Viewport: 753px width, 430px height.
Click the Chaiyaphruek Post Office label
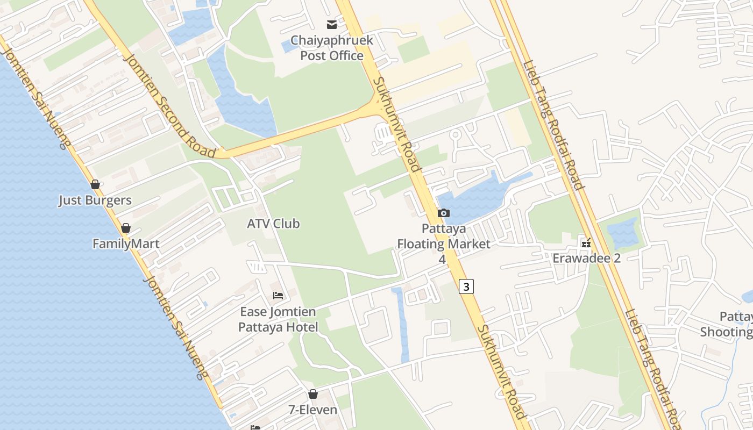click(x=332, y=48)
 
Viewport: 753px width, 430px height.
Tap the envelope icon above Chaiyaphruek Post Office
click(x=332, y=25)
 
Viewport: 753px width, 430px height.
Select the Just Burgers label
click(x=95, y=200)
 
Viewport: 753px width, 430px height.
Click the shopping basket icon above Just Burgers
click(x=95, y=185)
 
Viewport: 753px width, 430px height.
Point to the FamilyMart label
click(x=126, y=244)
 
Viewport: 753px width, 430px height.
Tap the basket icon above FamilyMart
click(x=126, y=228)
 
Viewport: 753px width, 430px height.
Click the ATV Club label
click(x=273, y=224)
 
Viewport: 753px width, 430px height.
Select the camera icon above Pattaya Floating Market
click(x=443, y=213)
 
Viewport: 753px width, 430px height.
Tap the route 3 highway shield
click(x=466, y=286)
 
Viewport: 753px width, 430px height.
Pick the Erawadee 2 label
click(x=587, y=259)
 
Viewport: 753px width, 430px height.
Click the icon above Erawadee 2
click(x=586, y=243)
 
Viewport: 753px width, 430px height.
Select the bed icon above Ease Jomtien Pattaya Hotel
click(x=278, y=296)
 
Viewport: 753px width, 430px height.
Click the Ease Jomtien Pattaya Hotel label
click(x=278, y=319)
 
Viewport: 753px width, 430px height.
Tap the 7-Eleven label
click(x=313, y=410)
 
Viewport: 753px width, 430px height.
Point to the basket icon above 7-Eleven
click(x=313, y=395)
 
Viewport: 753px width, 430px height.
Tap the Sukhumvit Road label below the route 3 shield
click(x=501, y=371)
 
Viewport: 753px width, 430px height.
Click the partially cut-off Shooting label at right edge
click(x=726, y=332)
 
